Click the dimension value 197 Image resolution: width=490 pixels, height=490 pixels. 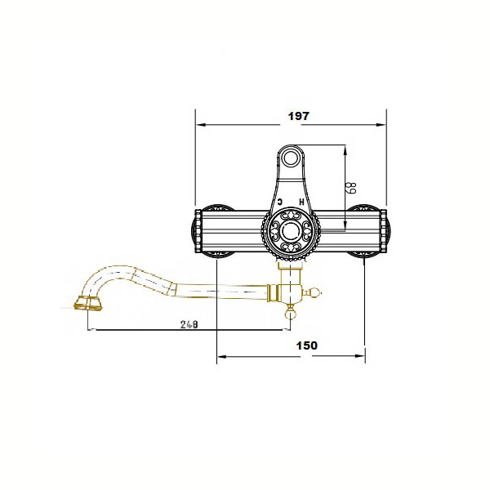[298, 116]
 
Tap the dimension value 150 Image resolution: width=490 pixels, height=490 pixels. [306, 345]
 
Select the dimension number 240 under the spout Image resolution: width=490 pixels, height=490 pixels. [189, 324]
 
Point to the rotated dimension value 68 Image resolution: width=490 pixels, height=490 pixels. [352, 188]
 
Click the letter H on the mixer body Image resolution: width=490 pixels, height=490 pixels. [301, 202]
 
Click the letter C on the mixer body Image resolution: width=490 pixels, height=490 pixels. [280, 202]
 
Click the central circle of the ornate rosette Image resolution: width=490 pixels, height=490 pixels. [291, 231]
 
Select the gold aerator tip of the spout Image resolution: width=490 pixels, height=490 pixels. [88, 303]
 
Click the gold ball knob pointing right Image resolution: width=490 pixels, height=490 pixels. [314, 293]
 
